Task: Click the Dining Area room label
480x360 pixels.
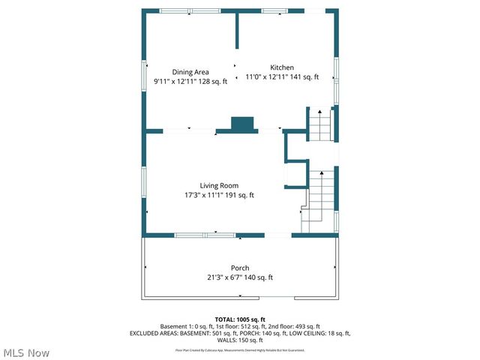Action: click(x=190, y=72)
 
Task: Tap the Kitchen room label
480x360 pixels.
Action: click(x=282, y=67)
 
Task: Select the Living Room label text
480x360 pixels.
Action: click(x=219, y=185)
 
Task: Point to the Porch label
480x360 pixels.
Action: click(x=240, y=268)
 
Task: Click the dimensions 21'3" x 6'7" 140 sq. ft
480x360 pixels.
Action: click(x=240, y=277)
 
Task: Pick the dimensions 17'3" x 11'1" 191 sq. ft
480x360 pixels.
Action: click(x=219, y=195)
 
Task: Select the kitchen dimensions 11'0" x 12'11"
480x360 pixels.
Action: click(x=282, y=77)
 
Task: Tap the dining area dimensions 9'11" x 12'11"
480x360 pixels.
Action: click(x=190, y=81)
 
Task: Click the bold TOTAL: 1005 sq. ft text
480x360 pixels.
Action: click(x=240, y=319)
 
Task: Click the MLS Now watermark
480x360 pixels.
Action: click(x=26, y=352)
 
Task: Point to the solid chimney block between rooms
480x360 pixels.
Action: click(x=242, y=125)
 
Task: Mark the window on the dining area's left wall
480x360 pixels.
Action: click(x=145, y=75)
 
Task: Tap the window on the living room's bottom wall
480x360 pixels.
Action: click(x=204, y=235)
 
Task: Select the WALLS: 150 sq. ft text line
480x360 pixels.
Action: click(x=240, y=339)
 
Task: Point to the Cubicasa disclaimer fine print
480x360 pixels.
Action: click(x=240, y=349)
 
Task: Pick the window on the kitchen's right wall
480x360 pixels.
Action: click(x=336, y=79)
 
